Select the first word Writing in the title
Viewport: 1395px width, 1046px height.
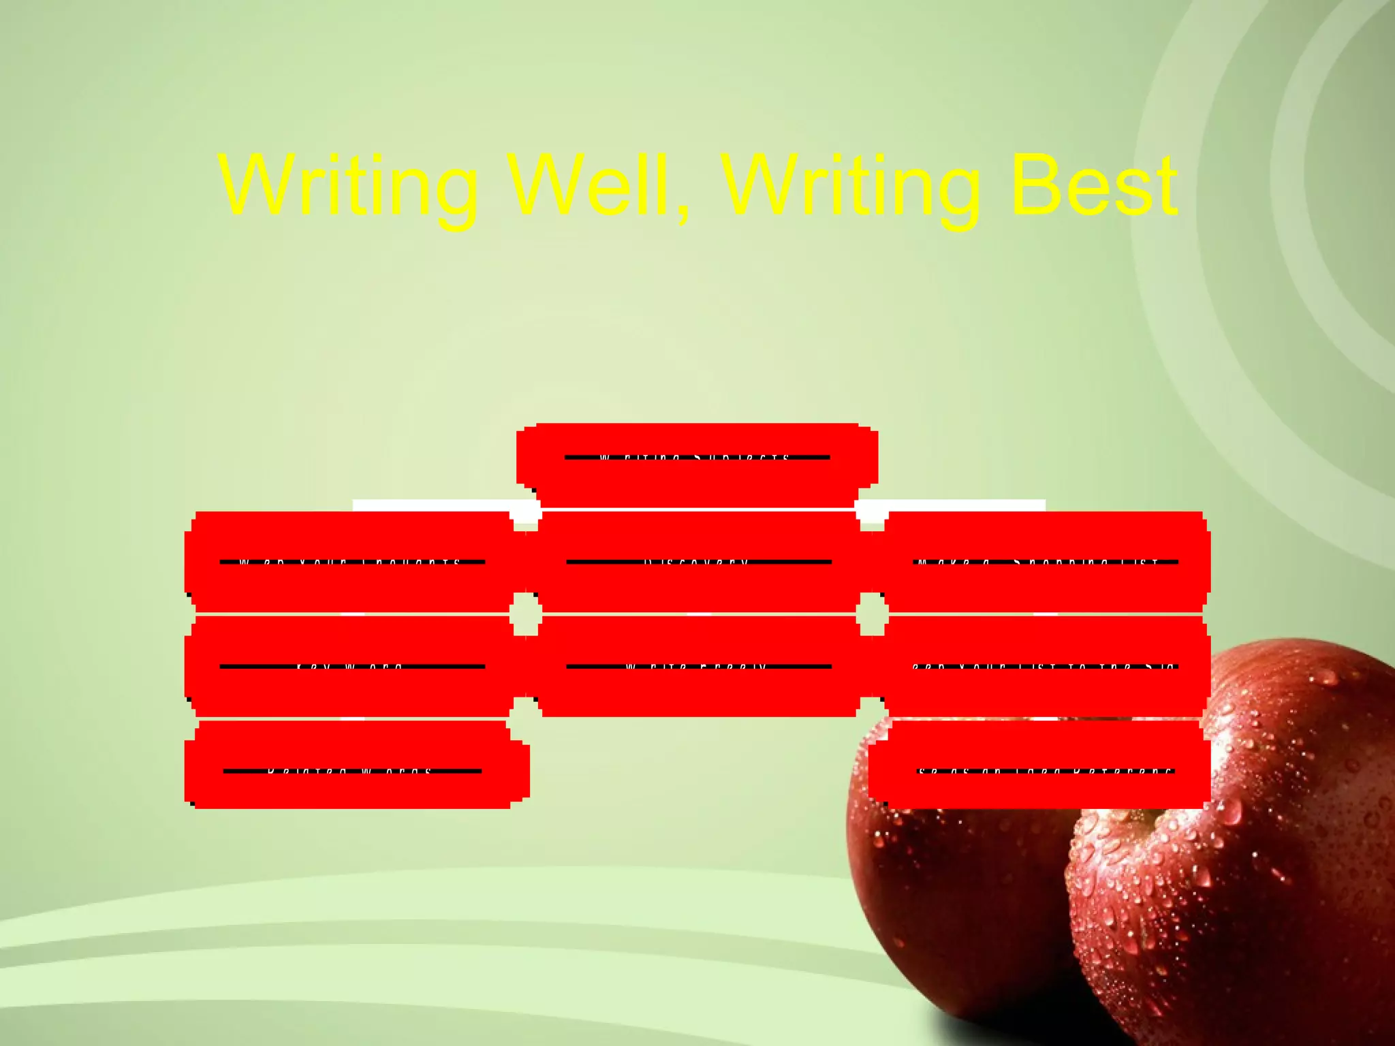click(347, 185)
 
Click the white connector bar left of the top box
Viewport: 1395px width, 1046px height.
click(436, 505)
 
